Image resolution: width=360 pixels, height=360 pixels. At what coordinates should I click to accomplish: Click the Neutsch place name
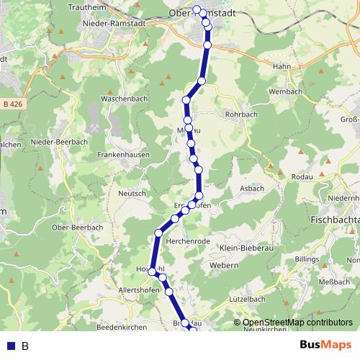click(132, 193)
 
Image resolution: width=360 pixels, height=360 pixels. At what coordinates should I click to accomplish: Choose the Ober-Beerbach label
click(78, 227)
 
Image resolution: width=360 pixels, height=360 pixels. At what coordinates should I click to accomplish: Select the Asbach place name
click(252, 189)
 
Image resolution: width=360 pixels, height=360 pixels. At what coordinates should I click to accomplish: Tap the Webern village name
click(225, 266)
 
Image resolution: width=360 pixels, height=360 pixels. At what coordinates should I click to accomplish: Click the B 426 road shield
click(11, 104)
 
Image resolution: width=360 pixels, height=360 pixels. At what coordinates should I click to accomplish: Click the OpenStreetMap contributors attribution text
click(297, 323)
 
